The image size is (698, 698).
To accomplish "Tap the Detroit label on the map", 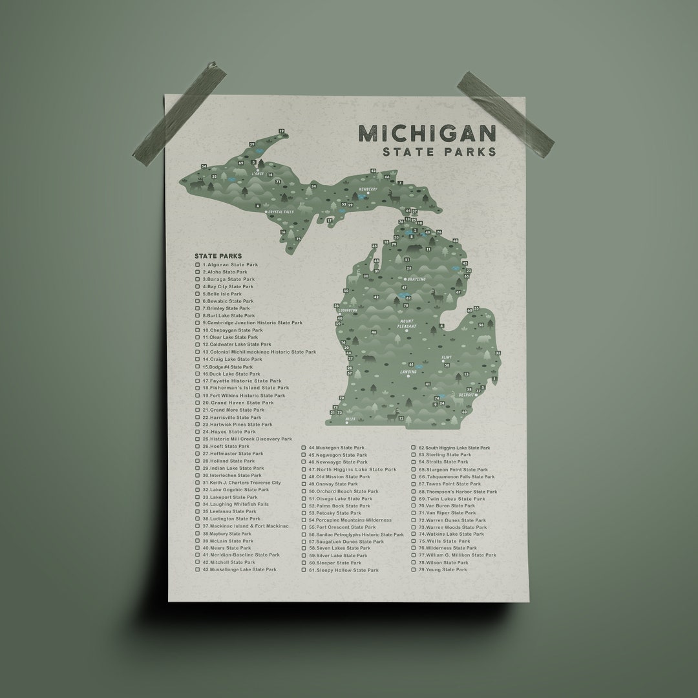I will (x=466, y=394).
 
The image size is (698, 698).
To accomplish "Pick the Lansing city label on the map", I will (x=408, y=372).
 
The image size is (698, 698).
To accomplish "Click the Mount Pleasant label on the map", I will (x=407, y=324).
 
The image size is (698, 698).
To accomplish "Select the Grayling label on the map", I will (x=416, y=279).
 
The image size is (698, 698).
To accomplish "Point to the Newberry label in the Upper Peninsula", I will (x=368, y=189).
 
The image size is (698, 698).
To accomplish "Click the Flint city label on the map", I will (x=446, y=357).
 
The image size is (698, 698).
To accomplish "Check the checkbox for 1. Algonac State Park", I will (x=198, y=264).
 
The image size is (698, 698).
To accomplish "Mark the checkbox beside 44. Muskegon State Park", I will (x=303, y=447).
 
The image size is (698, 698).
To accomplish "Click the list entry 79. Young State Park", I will (x=443, y=569).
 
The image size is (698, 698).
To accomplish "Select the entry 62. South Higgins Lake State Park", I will (x=457, y=447).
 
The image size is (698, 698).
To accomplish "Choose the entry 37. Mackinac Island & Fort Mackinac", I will (x=245, y=526).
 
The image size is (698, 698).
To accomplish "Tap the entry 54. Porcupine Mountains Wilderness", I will (x=350, y=520).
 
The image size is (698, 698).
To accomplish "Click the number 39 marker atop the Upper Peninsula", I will (x=281, y=131).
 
